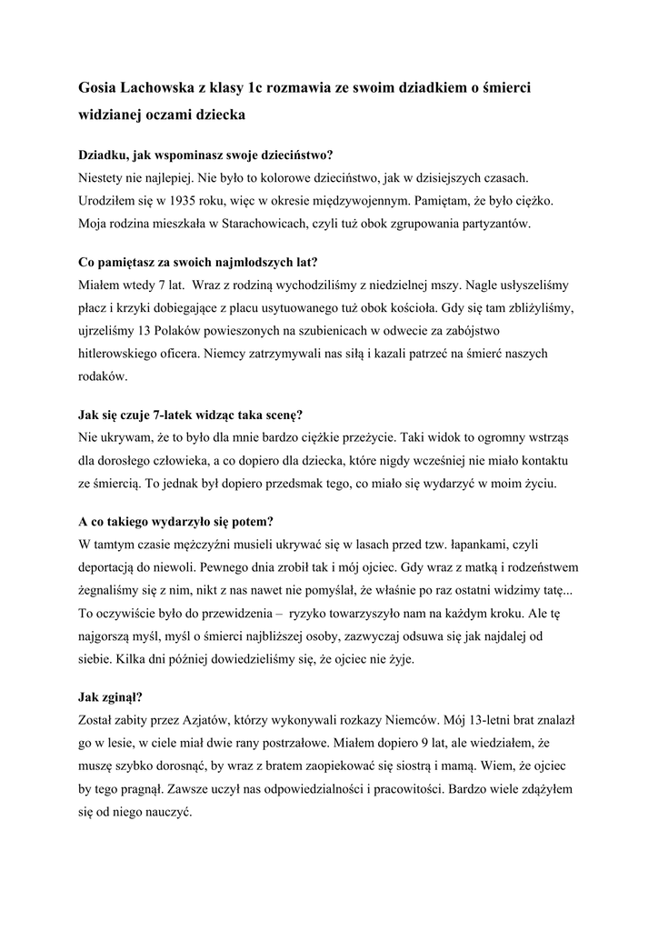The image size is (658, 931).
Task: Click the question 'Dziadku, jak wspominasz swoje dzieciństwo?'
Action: coord(213,155)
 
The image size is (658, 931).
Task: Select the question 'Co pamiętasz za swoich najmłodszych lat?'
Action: coord(198,264)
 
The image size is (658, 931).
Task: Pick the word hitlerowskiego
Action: coord(126,353)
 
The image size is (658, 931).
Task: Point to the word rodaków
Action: coord(104,375)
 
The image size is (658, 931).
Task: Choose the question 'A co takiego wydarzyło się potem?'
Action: coord(175,523)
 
